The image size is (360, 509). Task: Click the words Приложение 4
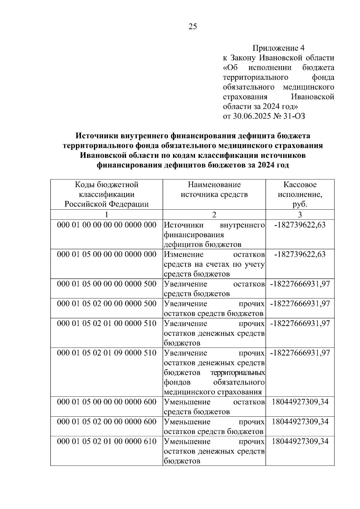pos(278,48)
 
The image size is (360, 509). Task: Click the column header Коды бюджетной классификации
pos(106,194)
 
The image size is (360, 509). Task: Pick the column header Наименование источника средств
pos(214,189)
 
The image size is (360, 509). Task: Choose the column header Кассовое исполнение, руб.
pos(300,194)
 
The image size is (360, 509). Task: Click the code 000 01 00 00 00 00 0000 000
pos(106,225)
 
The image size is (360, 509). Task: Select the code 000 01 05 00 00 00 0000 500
pos(106,284)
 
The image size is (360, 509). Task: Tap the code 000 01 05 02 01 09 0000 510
pos(106,353)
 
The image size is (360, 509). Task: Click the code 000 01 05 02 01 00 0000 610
pos(106,441)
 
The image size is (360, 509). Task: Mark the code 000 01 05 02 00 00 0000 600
pos(106,421)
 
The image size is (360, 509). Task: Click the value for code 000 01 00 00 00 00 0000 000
pos(300,225)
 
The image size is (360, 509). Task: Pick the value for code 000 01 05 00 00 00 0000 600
pos(300,402)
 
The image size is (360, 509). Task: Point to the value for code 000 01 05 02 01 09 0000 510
pos(300,353)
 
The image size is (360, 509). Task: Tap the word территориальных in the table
pos(238,373)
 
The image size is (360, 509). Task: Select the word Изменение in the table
pos(184,254)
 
